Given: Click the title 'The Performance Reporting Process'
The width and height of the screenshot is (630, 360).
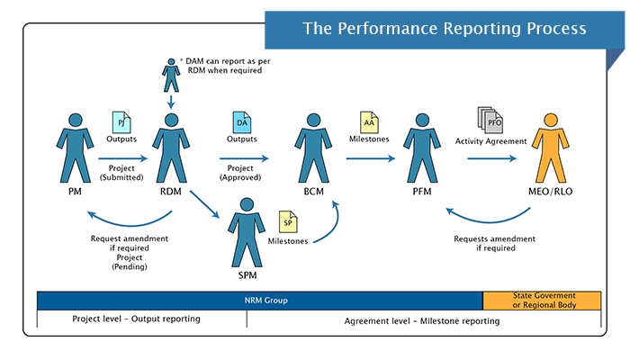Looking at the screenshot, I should (x=444, y=29).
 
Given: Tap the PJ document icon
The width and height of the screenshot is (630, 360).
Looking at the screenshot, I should (x=121, y=121).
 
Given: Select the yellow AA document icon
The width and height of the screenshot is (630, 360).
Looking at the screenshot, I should (x=368, y=121).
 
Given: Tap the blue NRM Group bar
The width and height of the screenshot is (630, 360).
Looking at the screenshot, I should (x=259, y=301).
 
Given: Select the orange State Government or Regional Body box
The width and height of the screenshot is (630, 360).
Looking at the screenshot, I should (x=542, y=301).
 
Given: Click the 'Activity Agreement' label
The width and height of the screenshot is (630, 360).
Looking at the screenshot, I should (x=490, y=141).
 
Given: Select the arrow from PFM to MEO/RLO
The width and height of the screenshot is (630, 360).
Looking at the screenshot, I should (x=490, y=158).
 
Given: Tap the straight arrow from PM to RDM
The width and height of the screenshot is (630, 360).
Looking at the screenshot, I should (x=121, y=158).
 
